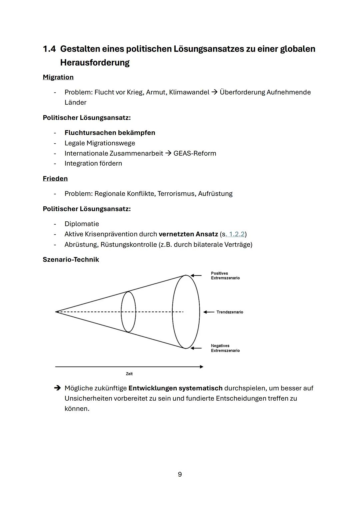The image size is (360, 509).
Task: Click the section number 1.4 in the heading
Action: [49, 49]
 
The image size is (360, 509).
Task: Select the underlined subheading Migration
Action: [58, 77]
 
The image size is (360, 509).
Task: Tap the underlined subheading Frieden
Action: [55, 179]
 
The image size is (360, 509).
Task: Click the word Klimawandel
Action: [189, 92]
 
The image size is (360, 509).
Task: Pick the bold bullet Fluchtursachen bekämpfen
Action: [110, 133]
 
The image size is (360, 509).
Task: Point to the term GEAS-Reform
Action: [195, 153]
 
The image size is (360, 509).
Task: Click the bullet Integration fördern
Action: [93, 163]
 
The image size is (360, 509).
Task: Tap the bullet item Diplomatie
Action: [82, 224]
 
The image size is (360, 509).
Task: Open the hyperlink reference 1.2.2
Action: [236, 234]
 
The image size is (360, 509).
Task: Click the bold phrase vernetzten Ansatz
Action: [188, 234]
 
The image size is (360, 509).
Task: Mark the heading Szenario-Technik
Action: [71, 260]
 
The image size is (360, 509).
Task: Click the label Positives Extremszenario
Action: [225, 276]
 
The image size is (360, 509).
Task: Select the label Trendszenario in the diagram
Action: [230, 312]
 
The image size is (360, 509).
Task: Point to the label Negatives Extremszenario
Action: [225, 348]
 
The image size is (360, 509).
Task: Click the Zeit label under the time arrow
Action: [129, 374]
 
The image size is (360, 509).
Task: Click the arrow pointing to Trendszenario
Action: [209, 312]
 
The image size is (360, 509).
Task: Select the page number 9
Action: [180, 474]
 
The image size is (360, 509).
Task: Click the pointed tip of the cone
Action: [56, 312]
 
